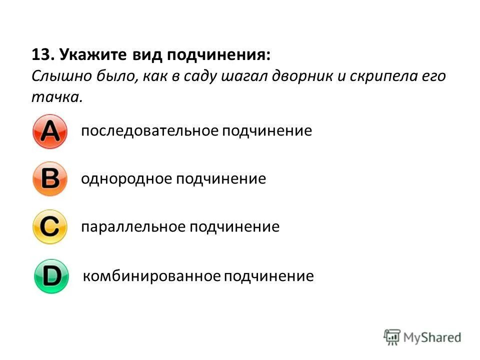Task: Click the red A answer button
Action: pyautogui.click(x=49, y=131)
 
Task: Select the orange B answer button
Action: pyautogui.click(x=49, y=179)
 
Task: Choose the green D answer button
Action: pyautogui.click(x=51, y=276)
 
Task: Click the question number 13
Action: pyautogui.click(x=41, y=54)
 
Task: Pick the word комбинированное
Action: pyautogui.click(x=151, y=276)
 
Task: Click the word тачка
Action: pyautogui.click(x=55, y=97)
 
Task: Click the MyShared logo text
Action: pyautogui.click(x=432, y=337)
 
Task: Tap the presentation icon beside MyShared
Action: pyautogui.click(x=392, y=337)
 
